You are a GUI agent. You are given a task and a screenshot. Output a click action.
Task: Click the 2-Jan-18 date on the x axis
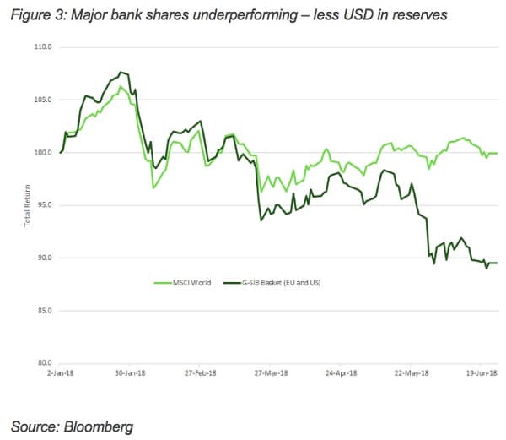point(62,372)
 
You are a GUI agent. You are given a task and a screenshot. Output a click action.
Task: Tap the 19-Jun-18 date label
point(481,372)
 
